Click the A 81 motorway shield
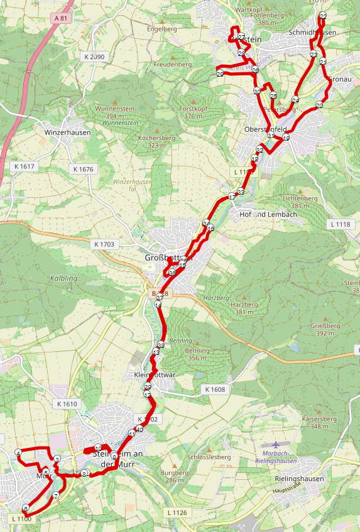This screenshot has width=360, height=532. tap(61, 19)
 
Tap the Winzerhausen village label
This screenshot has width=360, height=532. tap(68, 133)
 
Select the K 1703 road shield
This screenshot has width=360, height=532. tap(104, 244)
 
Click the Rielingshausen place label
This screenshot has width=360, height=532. tap(300, 479)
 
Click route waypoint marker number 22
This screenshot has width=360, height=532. tap(323, 16)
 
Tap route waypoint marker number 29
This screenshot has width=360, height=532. tap(220, 74)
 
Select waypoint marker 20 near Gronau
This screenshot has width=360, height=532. tap(319, 106)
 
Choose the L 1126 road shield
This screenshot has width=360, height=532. tap(178, 513)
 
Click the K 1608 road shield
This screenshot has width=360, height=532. tap(214, 389)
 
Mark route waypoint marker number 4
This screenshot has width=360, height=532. tap(19, 453)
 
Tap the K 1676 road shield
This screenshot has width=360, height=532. tap(83, 169)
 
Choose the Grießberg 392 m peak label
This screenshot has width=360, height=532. tap(325, 329)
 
